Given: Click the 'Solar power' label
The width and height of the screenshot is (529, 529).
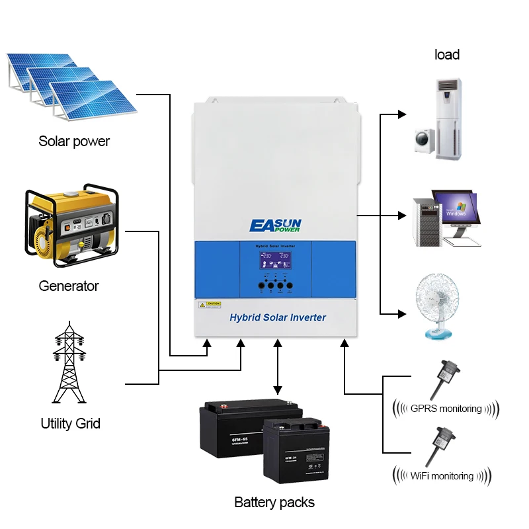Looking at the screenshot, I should (74, 141).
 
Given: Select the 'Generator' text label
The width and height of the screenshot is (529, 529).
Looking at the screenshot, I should (69, 286).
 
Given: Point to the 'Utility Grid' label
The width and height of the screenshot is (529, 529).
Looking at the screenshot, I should (71, 423).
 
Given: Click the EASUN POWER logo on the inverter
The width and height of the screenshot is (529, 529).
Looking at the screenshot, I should (275, 225).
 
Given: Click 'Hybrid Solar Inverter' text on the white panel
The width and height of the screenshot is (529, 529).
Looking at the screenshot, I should (278, 317).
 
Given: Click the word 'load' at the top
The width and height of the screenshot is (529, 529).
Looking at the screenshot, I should (447, 55).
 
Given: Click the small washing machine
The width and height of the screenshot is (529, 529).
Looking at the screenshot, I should (424, 141).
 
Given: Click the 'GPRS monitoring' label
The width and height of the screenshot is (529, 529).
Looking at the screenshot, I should (446, 408).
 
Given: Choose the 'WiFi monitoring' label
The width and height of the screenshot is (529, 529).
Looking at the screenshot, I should (442, 475).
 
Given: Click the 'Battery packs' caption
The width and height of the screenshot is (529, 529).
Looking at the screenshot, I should (274, 502).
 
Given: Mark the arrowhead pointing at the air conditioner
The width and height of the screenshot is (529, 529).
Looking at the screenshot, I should (401, 114).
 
